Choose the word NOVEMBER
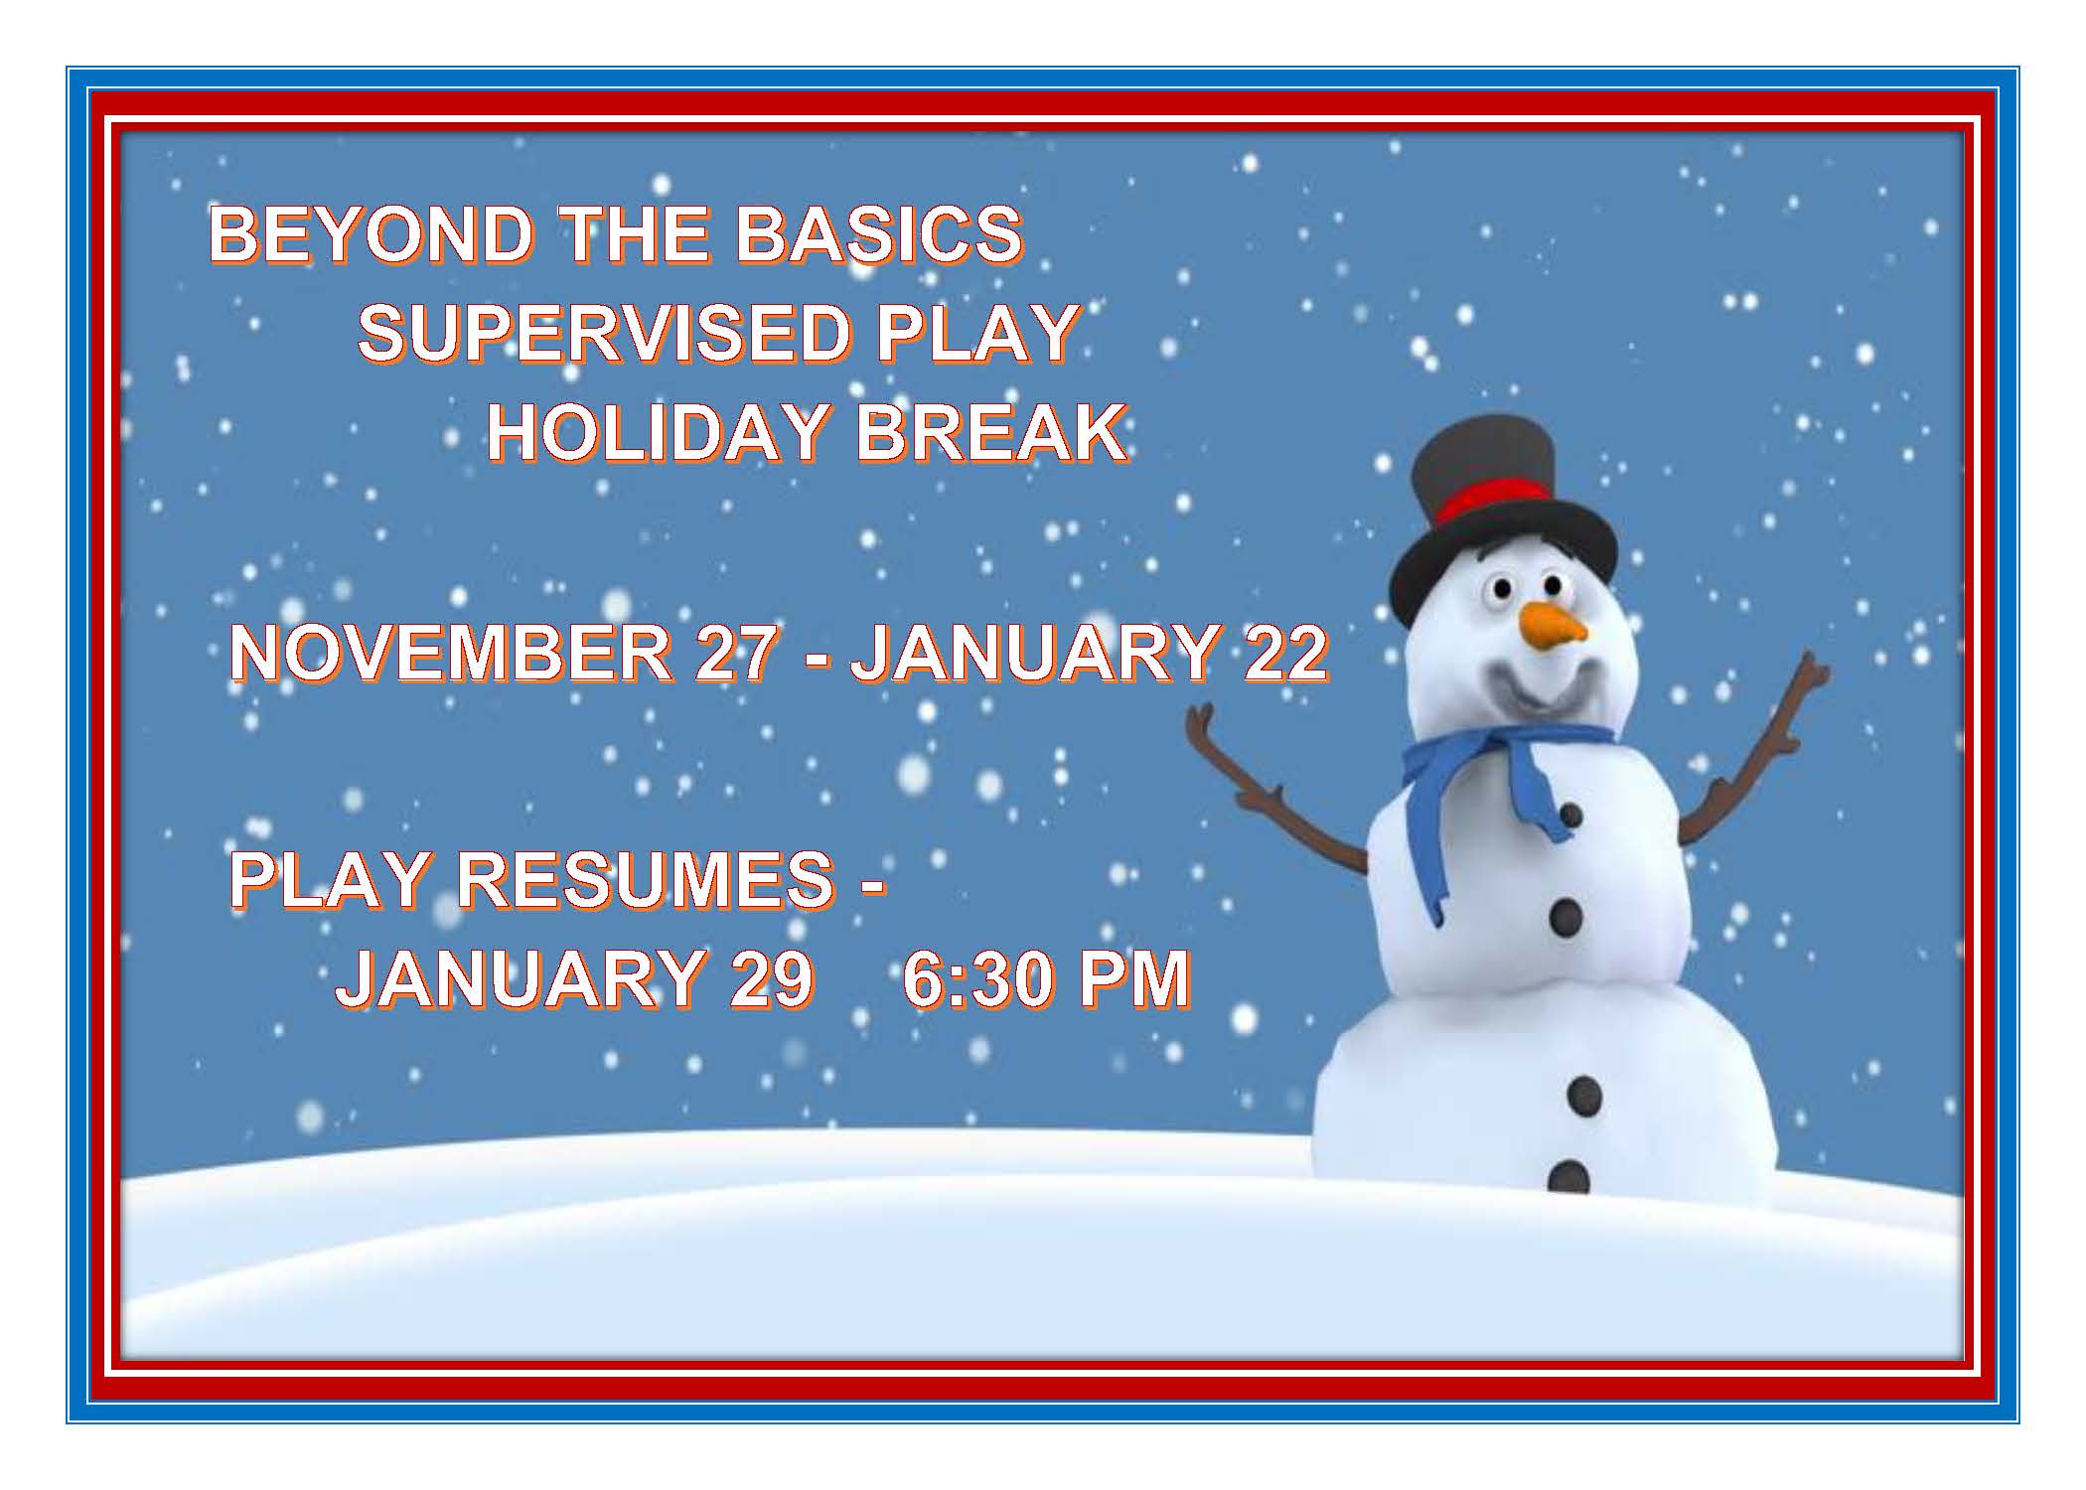pyautogui.click(x=451, y=653)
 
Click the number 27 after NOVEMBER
pyautogui.click(x=736, y=653)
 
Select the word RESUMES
pyautogui.click(x=646, y=879)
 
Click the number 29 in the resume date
pyautogui.click(x=772, y=978)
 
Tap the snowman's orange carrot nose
pyautogui.click(x=1555, y=625)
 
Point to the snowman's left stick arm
pyautogui.click(x=1276, y=795)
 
